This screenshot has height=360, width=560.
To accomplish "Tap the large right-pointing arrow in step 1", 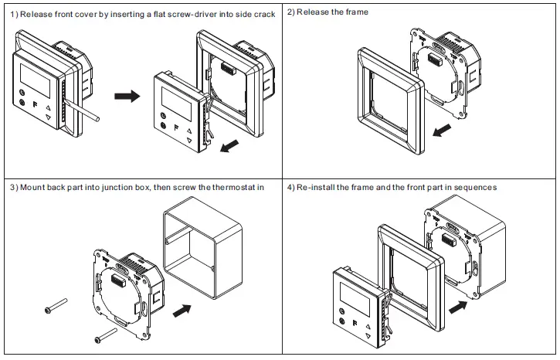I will [x=127, y=96].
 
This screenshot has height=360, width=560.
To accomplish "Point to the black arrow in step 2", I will [x=440, y=131].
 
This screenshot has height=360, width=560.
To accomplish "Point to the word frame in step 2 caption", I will [x=356, y=12].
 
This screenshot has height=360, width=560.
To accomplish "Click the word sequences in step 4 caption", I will [x=473, y=188].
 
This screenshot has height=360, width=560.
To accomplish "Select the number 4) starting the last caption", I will [x=292, y=188].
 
